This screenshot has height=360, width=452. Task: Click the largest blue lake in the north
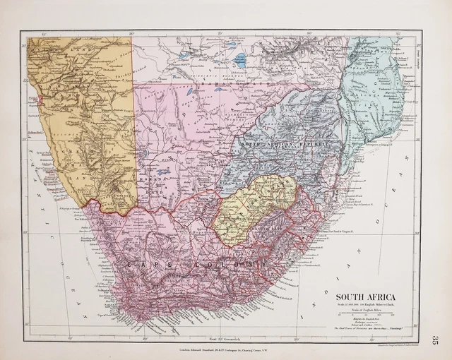click(240, 60)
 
